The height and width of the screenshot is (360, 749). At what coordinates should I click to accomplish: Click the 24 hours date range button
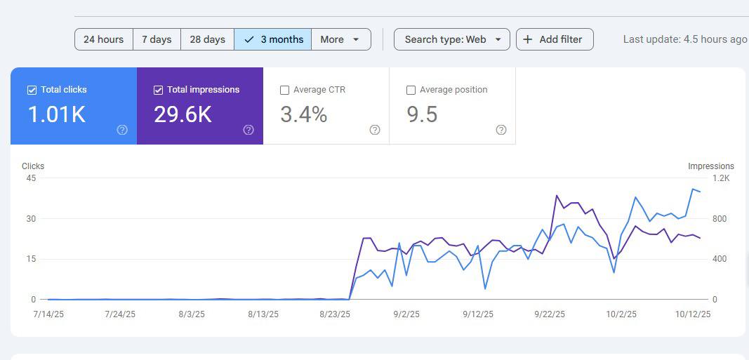pyautogui.click(x=103, y=39)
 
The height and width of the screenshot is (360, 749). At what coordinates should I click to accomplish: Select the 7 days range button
pyautogui.click(x=157, y=39)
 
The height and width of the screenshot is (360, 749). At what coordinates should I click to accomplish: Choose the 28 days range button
pyautogui.click(x=207, y=39)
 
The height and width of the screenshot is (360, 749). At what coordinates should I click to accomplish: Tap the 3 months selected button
pyautogui.click(x=273, y=39)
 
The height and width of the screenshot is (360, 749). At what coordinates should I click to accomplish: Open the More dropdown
pyautogui.click(x=340, y=39)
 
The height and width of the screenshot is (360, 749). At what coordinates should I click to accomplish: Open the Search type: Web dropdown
pyautogui.click(x=452, y=39)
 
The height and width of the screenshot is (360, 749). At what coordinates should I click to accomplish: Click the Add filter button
pyautogui.click(x=554, y=39)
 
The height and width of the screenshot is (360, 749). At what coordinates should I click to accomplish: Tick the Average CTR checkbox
pyautogui.click(x=284, y=90)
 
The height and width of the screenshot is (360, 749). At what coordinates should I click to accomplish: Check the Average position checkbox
pyautogui.click(x=411, y=90)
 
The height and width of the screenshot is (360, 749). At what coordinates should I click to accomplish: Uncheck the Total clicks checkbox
pyautogui.click(x=32, y=90)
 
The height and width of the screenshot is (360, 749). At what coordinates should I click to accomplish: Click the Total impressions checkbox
pyautogui.click(x=158, y=90)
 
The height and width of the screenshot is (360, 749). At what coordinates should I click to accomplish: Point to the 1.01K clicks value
pyautogui.click(x=56, y=114)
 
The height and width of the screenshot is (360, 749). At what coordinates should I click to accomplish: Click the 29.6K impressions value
pyautogui.click(x=183, y=114)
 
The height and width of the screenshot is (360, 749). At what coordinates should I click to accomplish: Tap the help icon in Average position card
pyautogui.click(x=501, y=130)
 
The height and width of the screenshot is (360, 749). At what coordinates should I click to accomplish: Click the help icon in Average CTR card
pyautogui.click(x=375, y=130)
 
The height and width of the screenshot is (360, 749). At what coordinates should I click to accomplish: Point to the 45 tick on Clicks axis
pyautogui.click(x=30, y=178)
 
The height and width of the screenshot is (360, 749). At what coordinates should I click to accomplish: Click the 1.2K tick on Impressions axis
pyautogui.click(x=721, y=178)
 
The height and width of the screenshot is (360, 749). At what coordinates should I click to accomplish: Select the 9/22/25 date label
pyautogui.click(x=550, y=314)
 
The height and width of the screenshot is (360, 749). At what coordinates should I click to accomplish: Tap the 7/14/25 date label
pyautogui.click(x=48, y=314)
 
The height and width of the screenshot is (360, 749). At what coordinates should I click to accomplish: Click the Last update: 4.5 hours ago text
pyautogui.click(x=684, y=39)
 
